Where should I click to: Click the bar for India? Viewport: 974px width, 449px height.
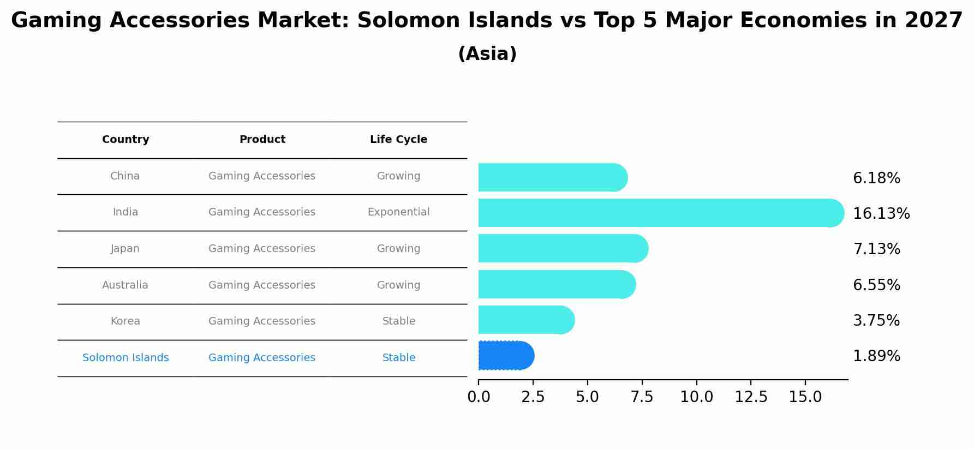pyautogui.click(x=660, y=213)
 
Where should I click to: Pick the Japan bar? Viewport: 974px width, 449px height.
pyautogui.click(x=563, y=248)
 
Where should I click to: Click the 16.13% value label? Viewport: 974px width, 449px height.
pyautogui.click(x=881, y=214)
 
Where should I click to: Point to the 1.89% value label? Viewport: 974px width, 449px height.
pyautogui.click(x=876, y=356)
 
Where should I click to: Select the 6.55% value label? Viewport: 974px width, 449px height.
pyautogui.click(x=876, y=285)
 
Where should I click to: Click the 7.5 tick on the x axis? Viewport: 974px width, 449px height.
pyautogui.click(x=642, y=397)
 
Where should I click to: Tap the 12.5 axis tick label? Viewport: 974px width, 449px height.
pyautogui.click(x=750, y=397)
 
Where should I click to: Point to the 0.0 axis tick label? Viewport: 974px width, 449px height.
pyautogui.click(x=479, y=397)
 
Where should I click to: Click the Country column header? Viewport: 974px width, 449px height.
pyautogui.click(x=126, y=140)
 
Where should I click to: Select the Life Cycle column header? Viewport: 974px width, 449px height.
pyautogui.click(x=398, y=140)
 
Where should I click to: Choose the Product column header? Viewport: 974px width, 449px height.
pyautogui.click(x=262, y=140)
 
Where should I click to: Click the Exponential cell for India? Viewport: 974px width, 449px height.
pyautogui.click(x=398, y=212)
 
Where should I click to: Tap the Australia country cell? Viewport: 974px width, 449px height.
pyautogui.click(x=125, y=285)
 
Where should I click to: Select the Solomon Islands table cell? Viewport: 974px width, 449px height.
pyautogui.click(x=126, y=358)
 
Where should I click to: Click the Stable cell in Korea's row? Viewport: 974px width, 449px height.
pyautogui.click(x=398, y=321)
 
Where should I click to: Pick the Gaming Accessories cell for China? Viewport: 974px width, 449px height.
pyautogui.click(x=262, y=176)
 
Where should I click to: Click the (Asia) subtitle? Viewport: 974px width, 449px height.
pyautogui.click(x=487, y=54)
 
